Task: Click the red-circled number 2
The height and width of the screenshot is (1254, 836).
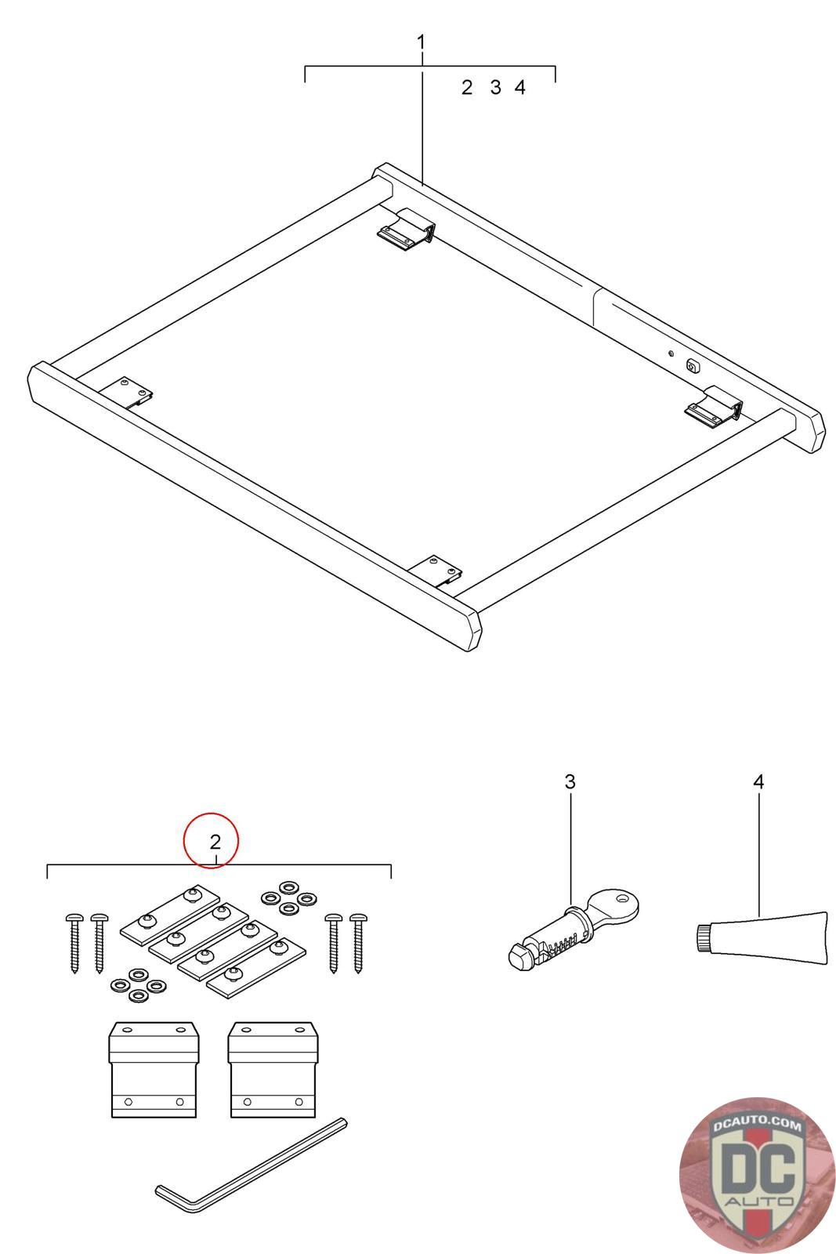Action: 215,842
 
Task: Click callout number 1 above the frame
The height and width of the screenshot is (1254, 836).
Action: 421,42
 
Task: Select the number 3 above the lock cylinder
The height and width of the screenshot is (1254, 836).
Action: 570,781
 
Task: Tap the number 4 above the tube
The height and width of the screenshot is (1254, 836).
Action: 758,781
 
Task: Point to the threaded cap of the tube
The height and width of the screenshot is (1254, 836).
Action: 703,938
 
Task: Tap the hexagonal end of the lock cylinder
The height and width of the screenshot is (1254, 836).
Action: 519,956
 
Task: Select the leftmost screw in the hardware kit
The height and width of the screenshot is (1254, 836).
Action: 74,943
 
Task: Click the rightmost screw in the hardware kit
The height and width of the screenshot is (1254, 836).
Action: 357,943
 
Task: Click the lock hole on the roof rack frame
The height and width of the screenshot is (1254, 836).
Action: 693,366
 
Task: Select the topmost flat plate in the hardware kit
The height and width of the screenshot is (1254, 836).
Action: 169,908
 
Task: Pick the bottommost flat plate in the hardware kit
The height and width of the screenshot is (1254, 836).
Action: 256,968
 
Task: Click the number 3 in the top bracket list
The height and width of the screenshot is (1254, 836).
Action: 495,87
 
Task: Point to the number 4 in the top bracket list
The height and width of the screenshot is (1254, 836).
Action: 519,87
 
